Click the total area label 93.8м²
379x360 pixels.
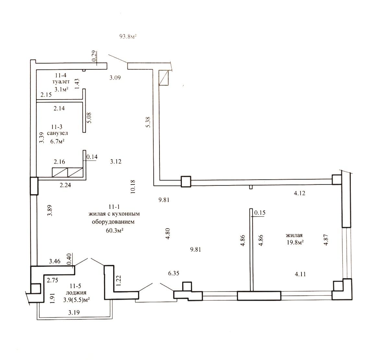[x=128, y=37]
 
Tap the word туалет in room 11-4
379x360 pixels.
[x=61, y=82]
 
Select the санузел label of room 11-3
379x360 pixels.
[x=57, y=133]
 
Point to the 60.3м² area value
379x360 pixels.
[x=115, y=230]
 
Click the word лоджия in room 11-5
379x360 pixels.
[x=76, y=293]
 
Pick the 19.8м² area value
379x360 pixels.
[x=295, y=243]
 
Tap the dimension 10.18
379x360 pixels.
[x=133, y=186]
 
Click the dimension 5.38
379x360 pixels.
[x=148, y=122]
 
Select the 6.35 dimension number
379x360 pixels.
[x=173, y=273]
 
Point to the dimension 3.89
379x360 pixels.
[x=50, y=210]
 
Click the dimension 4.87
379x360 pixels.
[x=326, y=240]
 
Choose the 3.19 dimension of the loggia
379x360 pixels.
[x=74, y=312]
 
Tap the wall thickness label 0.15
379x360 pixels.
[x=260, y=212]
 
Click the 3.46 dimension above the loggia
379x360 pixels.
[x=54, y=261]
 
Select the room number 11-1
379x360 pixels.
[x=114, y=207]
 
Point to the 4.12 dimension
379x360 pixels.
[x=300, y=193]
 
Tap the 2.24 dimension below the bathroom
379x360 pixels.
[x=65, y=185]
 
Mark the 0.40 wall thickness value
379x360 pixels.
[x=69, y=259]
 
